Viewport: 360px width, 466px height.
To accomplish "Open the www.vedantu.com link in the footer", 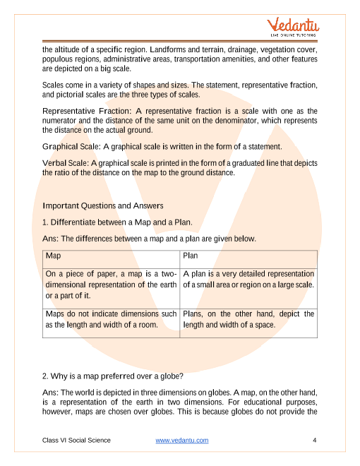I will click(181, 440).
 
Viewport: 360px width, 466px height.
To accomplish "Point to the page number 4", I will click(313, 440).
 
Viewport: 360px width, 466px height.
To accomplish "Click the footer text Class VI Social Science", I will click(76, 440).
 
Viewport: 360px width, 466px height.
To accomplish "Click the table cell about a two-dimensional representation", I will click(111, 285).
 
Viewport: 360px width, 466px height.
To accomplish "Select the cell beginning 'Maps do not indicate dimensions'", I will click(111, 319).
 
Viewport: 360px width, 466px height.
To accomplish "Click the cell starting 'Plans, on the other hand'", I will click(248, 319).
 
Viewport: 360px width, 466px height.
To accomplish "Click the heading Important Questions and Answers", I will click(103, 205).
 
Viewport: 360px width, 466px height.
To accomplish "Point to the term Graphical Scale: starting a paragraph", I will click(72, 147).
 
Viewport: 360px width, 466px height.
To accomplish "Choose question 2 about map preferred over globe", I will click(113, 376).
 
